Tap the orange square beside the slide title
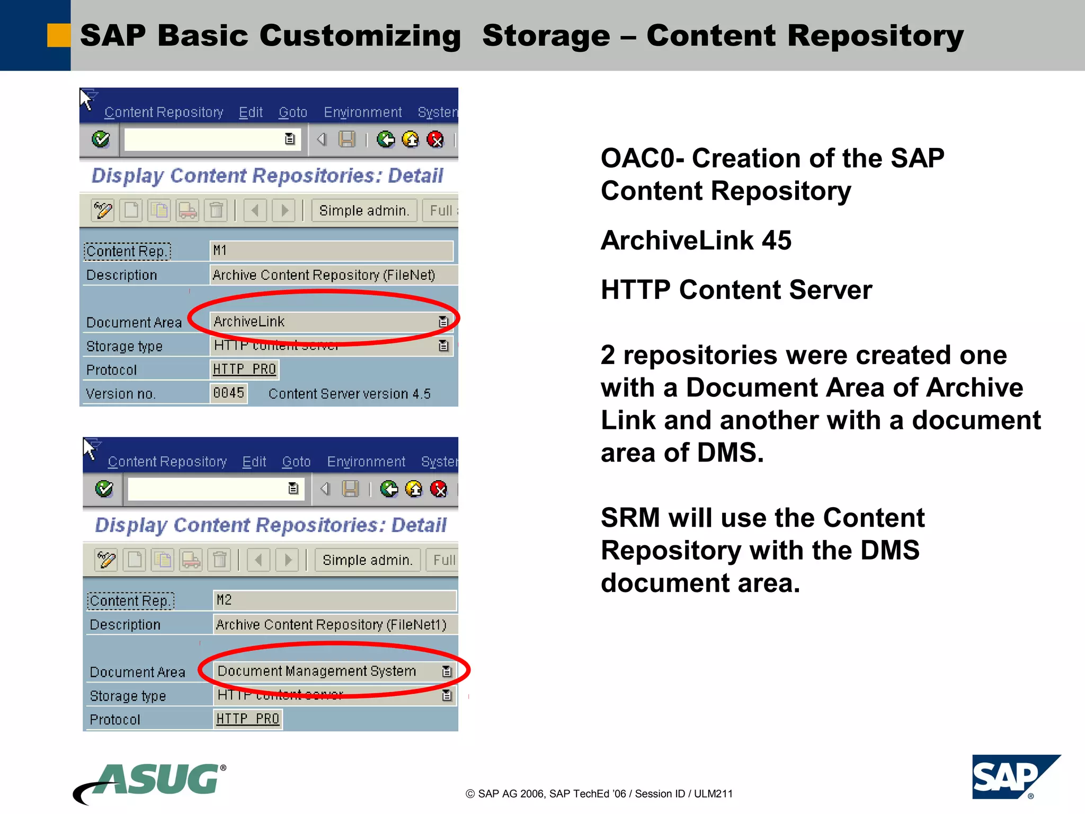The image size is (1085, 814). tap(58, 36)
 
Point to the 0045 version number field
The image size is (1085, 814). tap(228, 393)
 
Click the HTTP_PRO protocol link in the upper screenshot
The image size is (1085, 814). tap(244, 369)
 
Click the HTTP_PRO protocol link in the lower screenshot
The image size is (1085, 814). tap(247, 719)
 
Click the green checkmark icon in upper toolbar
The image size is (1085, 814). tap(101, 139)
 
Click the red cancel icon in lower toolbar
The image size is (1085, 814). tap(439, 489)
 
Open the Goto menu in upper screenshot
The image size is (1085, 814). tap(293, 112)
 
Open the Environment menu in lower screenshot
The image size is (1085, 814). tap(366, 462)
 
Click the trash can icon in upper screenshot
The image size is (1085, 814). tap(216, 210)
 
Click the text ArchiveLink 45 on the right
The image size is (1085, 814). tap(696, 241)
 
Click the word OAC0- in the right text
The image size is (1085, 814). tap(642, 158)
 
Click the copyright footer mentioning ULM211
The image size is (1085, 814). tap(599, 793)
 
